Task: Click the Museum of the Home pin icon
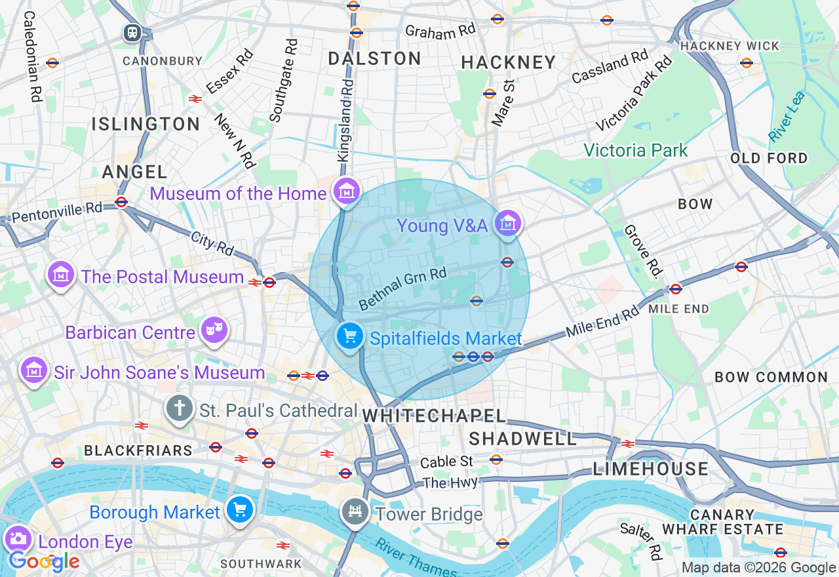click(346, 191)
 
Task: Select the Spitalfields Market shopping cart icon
click(350, 337)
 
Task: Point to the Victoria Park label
click(635, 150)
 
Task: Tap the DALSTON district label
click(374, 58)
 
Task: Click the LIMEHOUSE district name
click(650, 468)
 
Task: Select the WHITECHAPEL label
click(435, 416)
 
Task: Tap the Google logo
click(44, 561)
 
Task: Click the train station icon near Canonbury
click(132, 32)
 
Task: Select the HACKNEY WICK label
click(730, 46)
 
